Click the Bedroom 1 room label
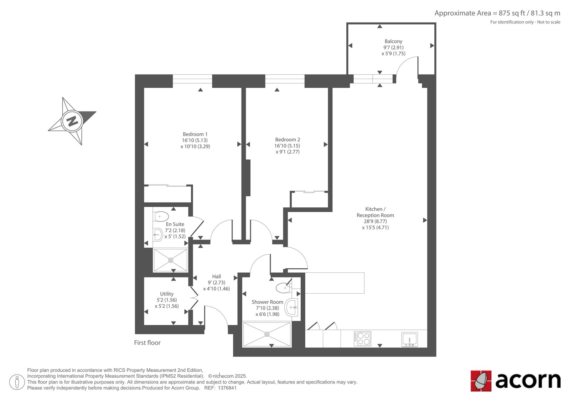195,134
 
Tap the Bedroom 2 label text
287,140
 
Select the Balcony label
393,41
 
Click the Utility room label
167,294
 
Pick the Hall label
217,277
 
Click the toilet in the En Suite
161,216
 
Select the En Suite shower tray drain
171,260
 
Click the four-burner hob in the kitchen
362,339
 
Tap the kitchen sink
409,339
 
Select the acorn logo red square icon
481,381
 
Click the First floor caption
147,343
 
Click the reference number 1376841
227,388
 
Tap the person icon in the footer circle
17,382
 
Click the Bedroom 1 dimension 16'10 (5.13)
195,140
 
